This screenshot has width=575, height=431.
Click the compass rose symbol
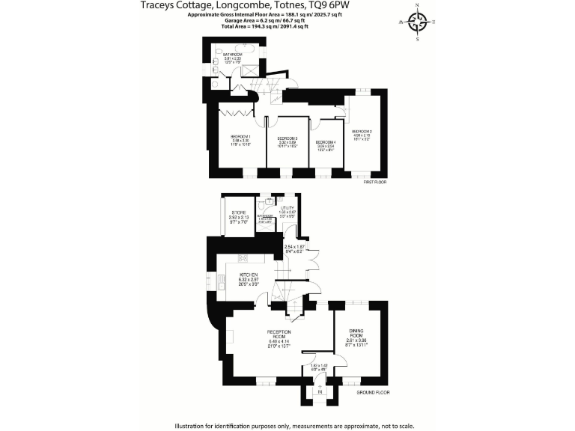click(419, 22)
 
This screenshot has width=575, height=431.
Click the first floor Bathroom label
click(231, 55)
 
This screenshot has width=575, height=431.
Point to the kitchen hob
click(243, 258)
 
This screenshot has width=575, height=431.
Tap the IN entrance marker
click(320, 391)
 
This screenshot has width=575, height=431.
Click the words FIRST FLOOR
click(374, 181)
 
